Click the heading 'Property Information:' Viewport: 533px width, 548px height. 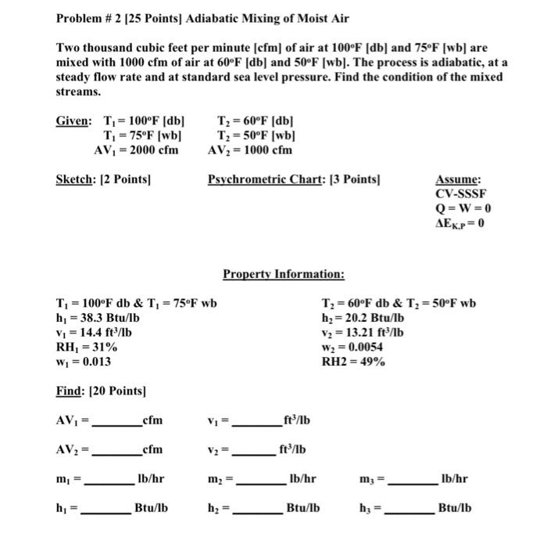(x=283, y=274)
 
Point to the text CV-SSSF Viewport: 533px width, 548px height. (x=461, y=193)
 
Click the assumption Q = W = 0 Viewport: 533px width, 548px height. (x=463, y=207)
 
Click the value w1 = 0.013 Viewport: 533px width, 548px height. (x=83, y=361)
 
